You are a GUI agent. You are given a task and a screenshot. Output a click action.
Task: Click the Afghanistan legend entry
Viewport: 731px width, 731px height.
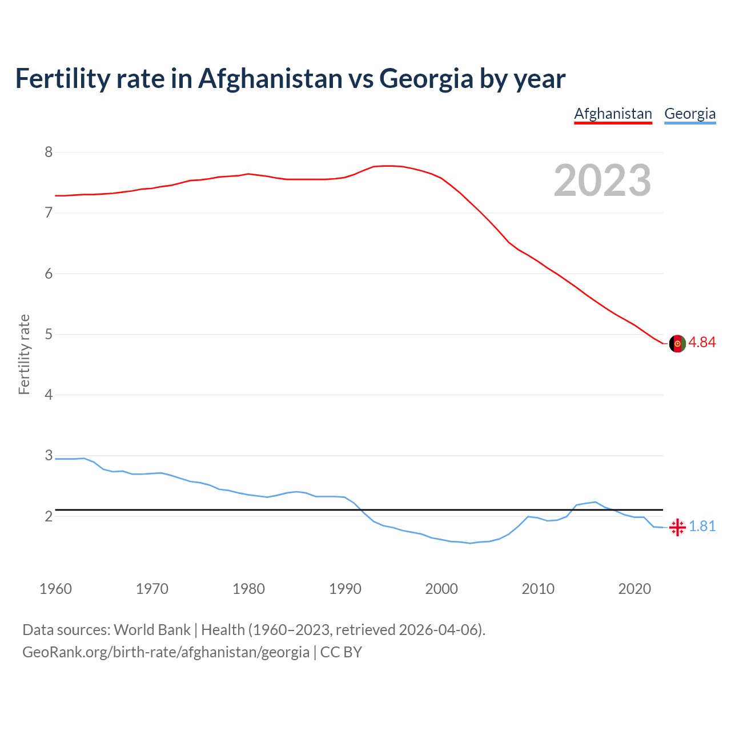tap(613, 114)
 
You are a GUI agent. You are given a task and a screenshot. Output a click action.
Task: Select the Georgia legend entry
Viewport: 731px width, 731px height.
tap(690, 114)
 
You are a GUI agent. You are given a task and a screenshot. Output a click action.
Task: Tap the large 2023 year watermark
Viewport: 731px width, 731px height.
tap(603, 180)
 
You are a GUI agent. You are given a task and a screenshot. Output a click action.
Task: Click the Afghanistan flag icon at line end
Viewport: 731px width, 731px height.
tap(677, 343)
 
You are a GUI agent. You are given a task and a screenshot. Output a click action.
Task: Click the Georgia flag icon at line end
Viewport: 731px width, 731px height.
tap(677, 527)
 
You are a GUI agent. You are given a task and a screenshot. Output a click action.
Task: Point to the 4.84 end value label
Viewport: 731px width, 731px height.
tap(702, 342)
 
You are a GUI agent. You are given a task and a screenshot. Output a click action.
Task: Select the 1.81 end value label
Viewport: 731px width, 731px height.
tap(702, 527)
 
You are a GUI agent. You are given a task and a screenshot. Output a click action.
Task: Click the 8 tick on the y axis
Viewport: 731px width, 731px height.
tap(49, 152)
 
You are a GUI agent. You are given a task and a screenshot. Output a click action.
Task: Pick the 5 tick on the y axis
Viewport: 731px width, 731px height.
tap(49, 334)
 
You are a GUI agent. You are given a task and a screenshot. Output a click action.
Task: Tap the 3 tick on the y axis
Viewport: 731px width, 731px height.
tap(49, 456)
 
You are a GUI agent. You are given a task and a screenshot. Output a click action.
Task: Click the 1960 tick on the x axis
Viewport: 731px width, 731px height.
tap(55, 589)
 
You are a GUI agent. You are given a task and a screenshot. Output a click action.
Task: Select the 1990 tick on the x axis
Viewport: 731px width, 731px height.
tap(345, 589)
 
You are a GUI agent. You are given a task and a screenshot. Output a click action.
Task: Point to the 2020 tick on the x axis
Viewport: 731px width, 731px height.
tap(634, 589)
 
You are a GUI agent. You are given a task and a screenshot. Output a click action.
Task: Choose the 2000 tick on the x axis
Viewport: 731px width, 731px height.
tap(441, 589)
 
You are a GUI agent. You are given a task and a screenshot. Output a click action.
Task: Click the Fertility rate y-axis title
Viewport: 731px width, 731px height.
tap(24, 354)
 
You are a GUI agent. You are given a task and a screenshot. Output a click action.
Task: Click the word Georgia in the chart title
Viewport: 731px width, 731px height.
tap(426, 78)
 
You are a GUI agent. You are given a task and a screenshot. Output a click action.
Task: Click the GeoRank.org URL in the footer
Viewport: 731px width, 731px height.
tap(166, 652)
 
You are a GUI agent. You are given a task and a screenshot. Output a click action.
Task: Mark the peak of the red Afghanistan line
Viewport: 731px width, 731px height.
tap(388, 166)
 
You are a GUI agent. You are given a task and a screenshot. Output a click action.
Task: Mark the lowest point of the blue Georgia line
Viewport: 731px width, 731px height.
tap(470, 543)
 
